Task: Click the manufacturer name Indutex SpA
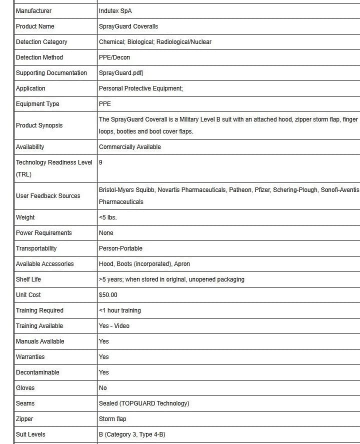tap(115, 11)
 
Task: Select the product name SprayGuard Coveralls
tap(128, 26)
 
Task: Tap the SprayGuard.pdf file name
tap(120, 73)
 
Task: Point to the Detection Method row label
tap(39, 57)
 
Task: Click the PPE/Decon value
tap(114, 57)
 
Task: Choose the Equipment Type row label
tap(37, 104)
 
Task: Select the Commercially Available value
tap(130, 147)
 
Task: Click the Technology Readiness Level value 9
tap(101, 162)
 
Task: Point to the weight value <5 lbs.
tap(108, 217)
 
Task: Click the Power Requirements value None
tap(106, 233)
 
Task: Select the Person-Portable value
tap(120, 248)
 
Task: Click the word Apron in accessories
tap(182, 264)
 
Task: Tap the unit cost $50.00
tap(108, 295)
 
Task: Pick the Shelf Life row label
tap(28, 279)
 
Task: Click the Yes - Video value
tap(114, 326)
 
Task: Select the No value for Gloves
tap(103, 388)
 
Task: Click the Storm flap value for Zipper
tap(112, 419)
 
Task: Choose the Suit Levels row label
tap(30, 434)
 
